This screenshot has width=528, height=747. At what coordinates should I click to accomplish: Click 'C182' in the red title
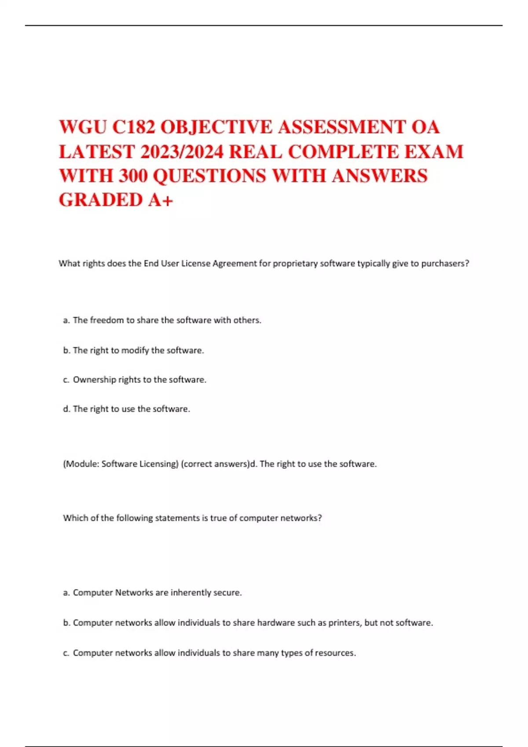click(133, 127)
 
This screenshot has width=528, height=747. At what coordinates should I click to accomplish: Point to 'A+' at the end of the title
click(161, 200)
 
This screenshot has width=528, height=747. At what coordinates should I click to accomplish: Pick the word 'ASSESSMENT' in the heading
click(341, 127)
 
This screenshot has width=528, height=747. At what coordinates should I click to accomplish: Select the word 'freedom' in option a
click(107, 320)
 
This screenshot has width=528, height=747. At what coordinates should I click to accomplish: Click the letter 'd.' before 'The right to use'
click(67, 409)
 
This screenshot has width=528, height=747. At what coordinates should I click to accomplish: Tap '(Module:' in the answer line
click(81, 464)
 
